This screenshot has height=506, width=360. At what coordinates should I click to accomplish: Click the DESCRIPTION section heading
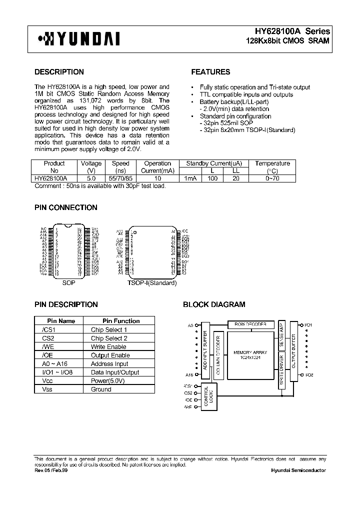click(x=59, y=72)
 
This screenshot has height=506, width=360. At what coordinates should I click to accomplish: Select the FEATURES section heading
click(x=210, y=72)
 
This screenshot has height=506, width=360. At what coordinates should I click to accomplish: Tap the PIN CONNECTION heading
click(x=65, y=207)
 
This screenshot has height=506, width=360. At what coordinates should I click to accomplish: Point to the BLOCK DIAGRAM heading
click(x=214, y=304)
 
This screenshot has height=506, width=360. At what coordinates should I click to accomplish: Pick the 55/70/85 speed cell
click(x=120, y=178)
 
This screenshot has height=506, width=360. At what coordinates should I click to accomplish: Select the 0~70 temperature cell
click(x=272, y=178)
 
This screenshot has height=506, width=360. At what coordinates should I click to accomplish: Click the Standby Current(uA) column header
click(x=214, y=163)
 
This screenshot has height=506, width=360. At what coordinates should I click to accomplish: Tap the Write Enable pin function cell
click(x=108, y=347)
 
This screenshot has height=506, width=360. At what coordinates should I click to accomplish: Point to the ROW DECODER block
click(x=250, y=324)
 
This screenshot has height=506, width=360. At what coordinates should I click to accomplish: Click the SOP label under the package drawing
click(x=68, y=283)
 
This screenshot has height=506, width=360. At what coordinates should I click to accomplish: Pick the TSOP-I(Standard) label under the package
click(x=152, y=283)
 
